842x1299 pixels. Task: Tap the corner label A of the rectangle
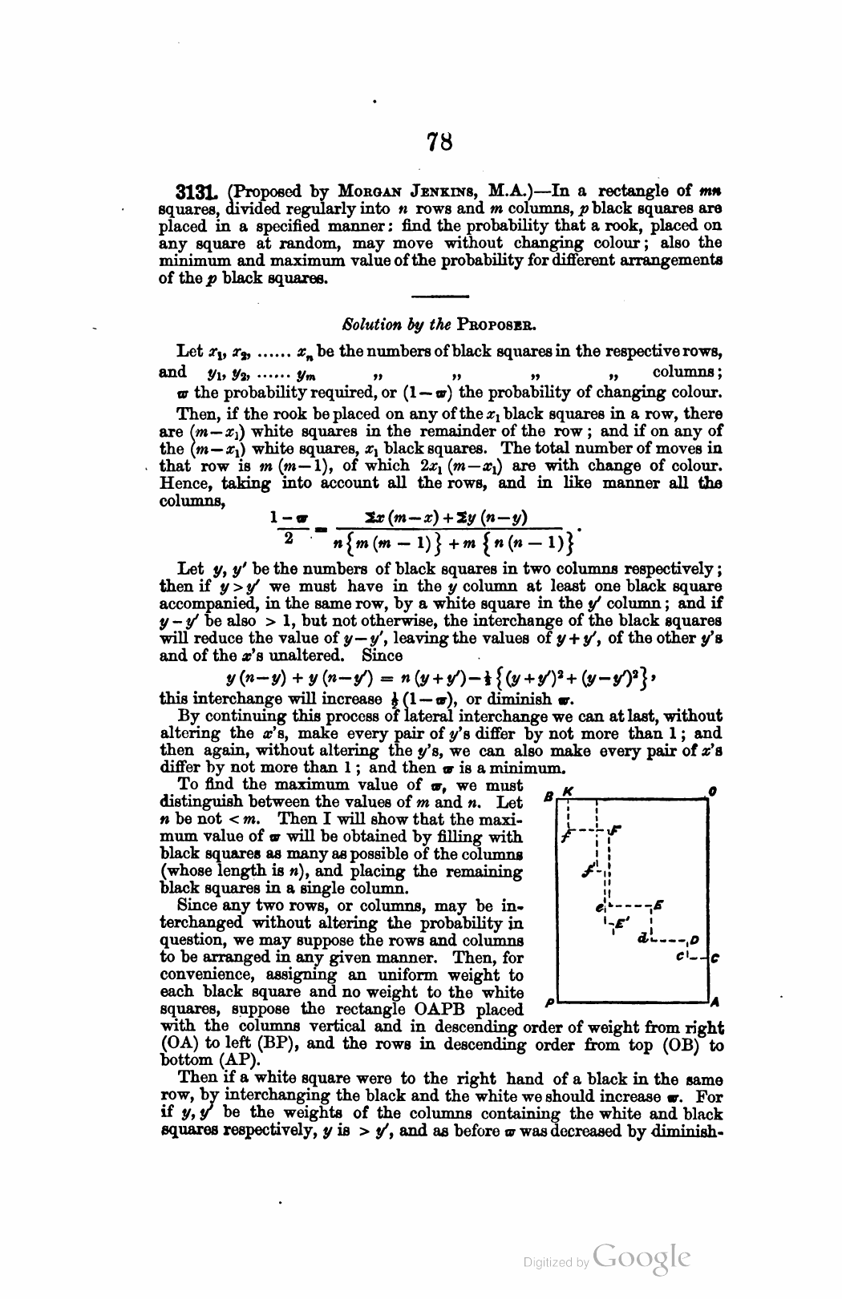point(714,1002)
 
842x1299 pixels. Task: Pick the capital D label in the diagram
point(694,940)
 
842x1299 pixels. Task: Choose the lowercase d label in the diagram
point(643,938)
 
